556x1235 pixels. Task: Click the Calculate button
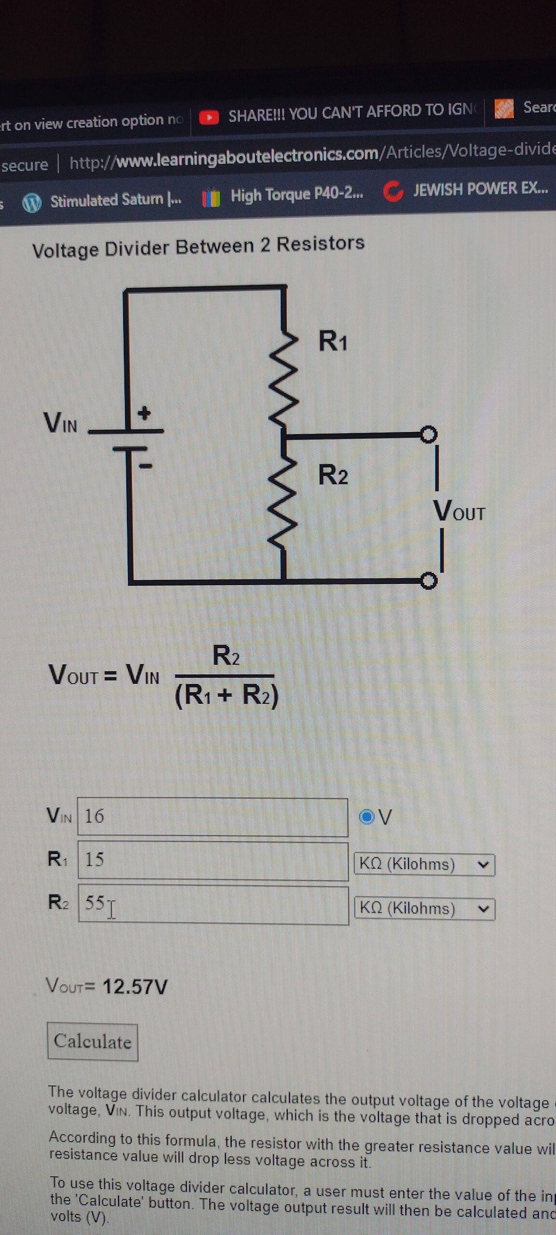point(92,1042)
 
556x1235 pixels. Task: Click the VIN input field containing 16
point(212,817)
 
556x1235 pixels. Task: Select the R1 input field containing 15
point(212,860)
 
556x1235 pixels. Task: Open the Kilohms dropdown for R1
point(424,864)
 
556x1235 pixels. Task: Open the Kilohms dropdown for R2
point(424,908)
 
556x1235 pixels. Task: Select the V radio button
point(367,817)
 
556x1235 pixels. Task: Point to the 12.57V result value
point(135,987)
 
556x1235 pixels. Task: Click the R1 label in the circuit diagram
point(333,342)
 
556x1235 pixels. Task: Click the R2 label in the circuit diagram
point(333,475)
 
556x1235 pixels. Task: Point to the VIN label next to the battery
point(60,423)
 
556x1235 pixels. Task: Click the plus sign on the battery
point(145,413)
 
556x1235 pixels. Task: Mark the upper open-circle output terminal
point(428,434)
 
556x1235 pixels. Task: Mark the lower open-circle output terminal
point(428,580)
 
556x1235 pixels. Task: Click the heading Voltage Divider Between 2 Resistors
point(198,247)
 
